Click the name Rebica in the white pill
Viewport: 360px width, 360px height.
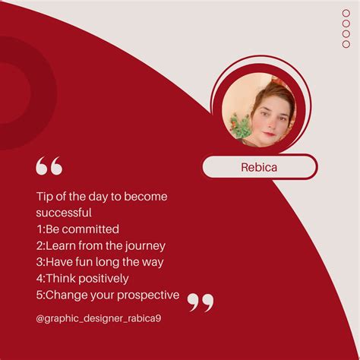point(260,166)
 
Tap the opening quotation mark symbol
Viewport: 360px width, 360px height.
point(49,165)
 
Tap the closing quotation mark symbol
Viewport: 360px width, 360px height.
point(201,302)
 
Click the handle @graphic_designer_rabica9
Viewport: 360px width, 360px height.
point(99,318)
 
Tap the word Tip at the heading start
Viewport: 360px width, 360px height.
point(45,196)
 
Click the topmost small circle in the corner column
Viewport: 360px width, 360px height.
point(346,13)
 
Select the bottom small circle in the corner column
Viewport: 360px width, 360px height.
point(346,44)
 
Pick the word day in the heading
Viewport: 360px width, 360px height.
point(112,196)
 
